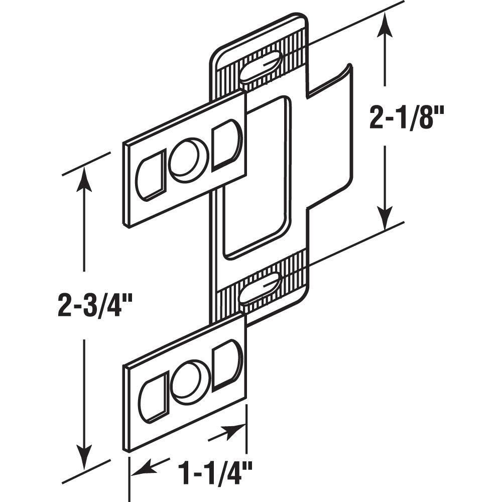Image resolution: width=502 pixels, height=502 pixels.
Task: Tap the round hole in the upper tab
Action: (x=188, y=160)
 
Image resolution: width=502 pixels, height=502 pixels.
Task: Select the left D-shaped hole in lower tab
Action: (x=153, y=397)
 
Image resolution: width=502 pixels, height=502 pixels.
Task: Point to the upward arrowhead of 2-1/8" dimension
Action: (x=385, y=25)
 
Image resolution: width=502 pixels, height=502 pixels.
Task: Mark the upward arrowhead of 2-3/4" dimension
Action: (x=84, y=181)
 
